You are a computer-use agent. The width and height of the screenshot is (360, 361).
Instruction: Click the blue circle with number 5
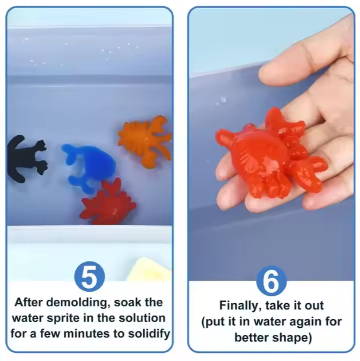point(89,277)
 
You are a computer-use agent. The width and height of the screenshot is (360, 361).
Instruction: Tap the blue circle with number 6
point(271,281)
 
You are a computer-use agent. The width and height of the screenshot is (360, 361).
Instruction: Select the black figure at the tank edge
point(26,158)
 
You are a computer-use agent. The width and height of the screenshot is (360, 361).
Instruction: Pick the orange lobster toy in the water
point(145,138)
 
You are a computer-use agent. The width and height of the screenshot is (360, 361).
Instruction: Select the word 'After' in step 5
point(29,303)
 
